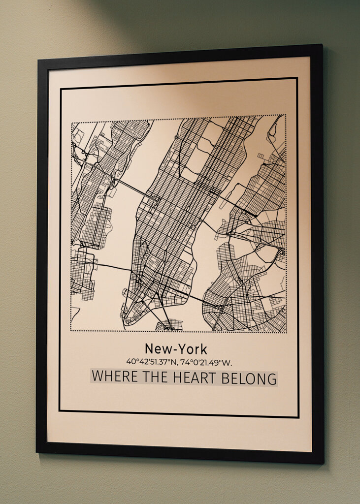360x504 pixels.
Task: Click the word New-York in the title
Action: click(176, 349)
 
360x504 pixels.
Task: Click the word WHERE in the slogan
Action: click(114, 378)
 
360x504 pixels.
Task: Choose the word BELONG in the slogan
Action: click(252, 378)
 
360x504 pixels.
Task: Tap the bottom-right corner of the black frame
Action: click(323, 463)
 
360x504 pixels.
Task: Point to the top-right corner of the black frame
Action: click(322, 45)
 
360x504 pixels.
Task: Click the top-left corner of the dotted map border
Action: click(71, 122)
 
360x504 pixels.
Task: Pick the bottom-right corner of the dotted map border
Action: click(286, 332)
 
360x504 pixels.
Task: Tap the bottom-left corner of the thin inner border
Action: click(60, 410)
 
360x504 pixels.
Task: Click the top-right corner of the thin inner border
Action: click(297, 78)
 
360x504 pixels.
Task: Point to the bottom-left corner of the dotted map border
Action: click(71, 330)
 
